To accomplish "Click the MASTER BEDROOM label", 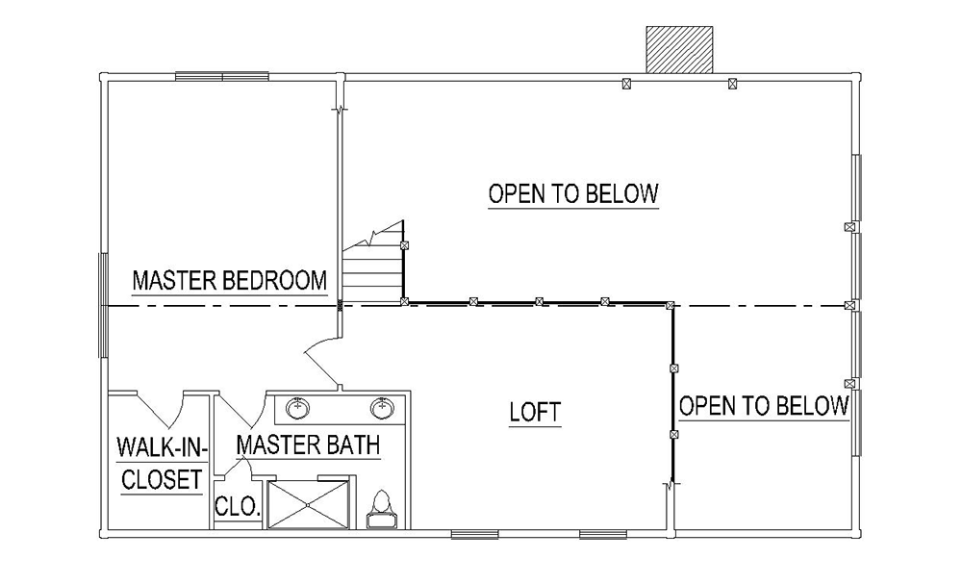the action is coord(230,281).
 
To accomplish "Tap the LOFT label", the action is coord(535,412).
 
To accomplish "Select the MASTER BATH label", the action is coord(308,444).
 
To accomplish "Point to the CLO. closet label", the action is coord(238,507).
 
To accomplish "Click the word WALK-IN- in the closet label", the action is coord(162,447).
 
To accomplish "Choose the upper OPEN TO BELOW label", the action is coord(573,193).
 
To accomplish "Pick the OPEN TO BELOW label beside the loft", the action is coord(764,405).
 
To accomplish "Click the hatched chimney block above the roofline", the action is coord(679,50).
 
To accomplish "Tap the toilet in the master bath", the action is coord(382,509).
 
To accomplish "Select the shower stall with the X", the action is coord(309,504).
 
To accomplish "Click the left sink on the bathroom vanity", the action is coord(298,407).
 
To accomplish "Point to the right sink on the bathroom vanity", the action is coord(382,407).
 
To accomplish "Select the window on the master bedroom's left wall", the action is coord(103,306).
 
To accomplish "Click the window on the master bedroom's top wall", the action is coord(222,77).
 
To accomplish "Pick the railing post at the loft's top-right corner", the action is coord(670,305).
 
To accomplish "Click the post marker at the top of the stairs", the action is coord(404,245).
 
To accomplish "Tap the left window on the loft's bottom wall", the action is coord(475,535).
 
